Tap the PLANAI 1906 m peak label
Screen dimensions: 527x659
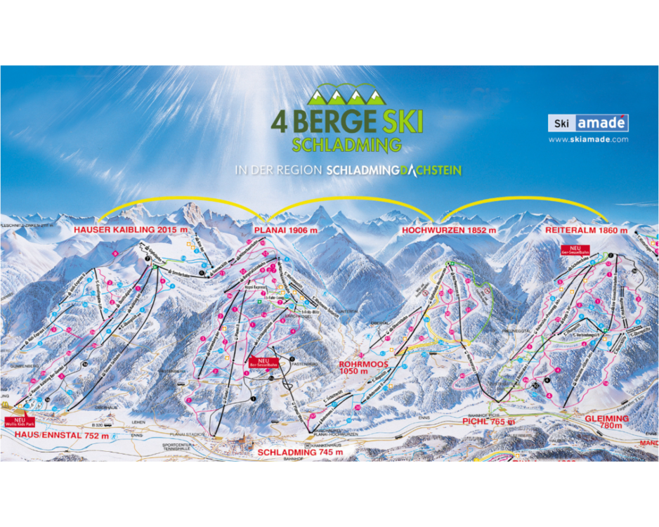[286, 230]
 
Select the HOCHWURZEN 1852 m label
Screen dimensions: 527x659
[449, 230]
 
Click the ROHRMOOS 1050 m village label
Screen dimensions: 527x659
[359, 367]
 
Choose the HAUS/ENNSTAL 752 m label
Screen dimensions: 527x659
[61, 436]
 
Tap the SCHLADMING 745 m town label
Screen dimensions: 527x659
[300, 453]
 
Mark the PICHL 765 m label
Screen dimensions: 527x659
[488, 422]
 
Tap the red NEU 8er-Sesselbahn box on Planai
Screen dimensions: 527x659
[261, 363]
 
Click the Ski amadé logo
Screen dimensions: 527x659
[588, 124]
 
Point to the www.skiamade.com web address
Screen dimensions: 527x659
[588, 140]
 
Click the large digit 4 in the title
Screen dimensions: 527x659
[279, 121]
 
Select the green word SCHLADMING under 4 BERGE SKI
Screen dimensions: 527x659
[346, 145]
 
